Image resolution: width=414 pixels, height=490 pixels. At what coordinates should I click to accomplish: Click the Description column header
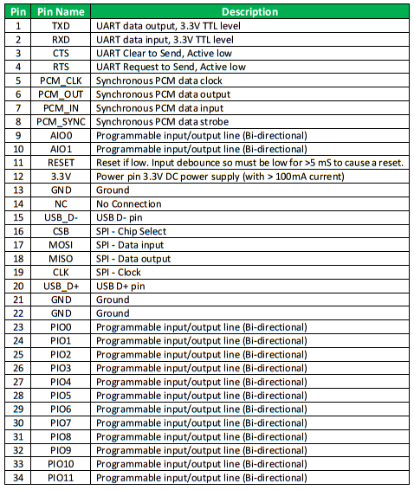[x=249, y=12]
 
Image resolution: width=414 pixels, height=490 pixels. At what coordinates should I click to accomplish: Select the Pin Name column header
[x=61, y=12]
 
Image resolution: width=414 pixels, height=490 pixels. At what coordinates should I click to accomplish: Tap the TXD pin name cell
[x=61, y=26]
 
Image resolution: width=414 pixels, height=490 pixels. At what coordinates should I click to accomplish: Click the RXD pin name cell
[x=61, y=40]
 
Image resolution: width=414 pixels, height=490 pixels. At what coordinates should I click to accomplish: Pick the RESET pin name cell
[x=61, y=163]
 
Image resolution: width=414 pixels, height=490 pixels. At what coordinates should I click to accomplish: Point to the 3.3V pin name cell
[x=61, y=177]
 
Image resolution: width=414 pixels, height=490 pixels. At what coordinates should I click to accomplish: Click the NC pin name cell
[x=61, y=204]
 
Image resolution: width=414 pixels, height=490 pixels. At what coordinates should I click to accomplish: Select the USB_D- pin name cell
[x=61, y=217]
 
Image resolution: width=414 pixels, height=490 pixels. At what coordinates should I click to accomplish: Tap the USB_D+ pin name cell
[x=61, y=286]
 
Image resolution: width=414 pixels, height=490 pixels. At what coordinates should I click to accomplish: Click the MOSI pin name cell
[x=61, y=245]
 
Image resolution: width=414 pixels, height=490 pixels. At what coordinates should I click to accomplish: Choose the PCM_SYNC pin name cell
[x=61, y=122]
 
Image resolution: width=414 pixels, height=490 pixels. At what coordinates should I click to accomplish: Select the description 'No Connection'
[x=129, y=204]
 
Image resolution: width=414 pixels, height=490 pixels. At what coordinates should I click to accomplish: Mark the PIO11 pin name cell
[x=61, y=477]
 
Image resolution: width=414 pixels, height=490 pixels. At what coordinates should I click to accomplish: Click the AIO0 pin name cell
[x=61, y=136]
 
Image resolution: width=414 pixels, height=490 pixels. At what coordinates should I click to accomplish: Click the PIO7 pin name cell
[x=61, y=422]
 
